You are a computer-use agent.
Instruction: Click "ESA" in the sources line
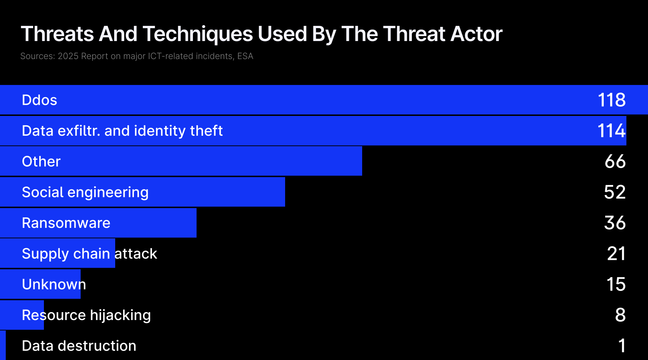pyautogui.click(x=245, y=56)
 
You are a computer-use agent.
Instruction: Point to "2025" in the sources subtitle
pyautogui.click(x=68, y=56)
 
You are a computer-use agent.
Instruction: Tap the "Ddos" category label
pyautogui.click(x=40, y=100)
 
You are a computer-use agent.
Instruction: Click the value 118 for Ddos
pyautogui.click(x=612, y=100)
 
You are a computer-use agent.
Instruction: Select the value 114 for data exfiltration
pyautogui.click(x=612, y=131)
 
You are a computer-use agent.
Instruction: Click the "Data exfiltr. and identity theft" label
pyautogui.click(x=122, y=131)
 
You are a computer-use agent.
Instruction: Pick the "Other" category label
pyautogui.click(x=41, y=162)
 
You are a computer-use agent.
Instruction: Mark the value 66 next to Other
pyautogui.click(x=615, y=161)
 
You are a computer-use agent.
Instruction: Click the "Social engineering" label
pyautogui.click(x=85, y=193)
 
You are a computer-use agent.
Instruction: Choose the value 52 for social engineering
pyautogui.click(x=615, y=192)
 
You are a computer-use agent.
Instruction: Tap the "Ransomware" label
pyautogui.click(x=66, y=223)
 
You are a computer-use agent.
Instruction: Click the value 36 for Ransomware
pyautogui.click(x=615, y=223)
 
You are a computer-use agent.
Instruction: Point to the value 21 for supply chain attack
pyautogui.click(x=616, y=254)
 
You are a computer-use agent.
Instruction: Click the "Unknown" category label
pyautogui.click(x=54, y=284)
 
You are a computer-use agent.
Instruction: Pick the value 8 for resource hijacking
pyautogui.click(x=620, y=315)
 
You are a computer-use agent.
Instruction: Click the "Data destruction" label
pyautogui.click(x=79, y=346)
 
